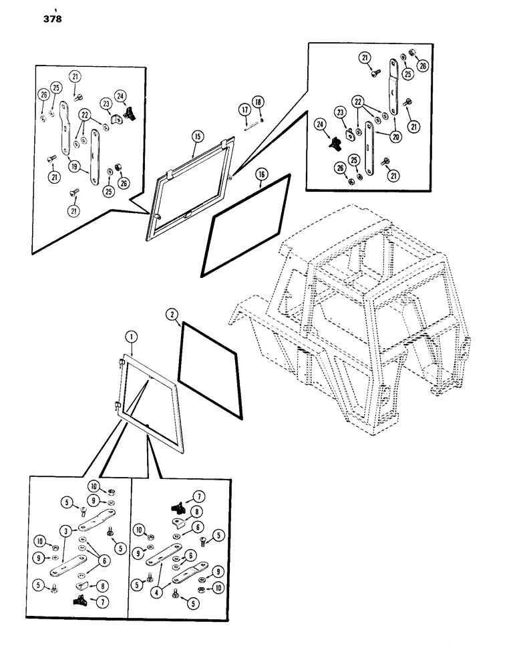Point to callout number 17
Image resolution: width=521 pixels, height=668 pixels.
click(244, 108)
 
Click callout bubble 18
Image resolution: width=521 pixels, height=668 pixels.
click(258, 102)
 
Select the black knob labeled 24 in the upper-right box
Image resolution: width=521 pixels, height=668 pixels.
click(333, 143)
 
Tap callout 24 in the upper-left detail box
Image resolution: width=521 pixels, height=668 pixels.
click(120, 95)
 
